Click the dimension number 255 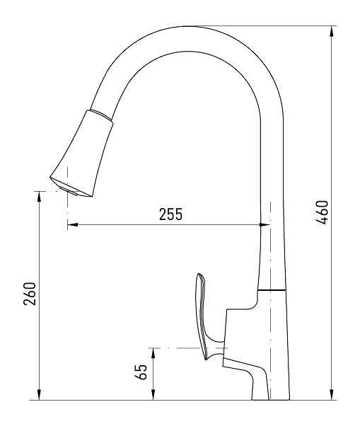click(170, 214)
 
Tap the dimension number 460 click(322, 212)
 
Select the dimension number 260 click(30, 294)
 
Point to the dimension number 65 click(141, 372)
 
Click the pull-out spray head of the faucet click(81, 154)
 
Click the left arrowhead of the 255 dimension click(72, 225)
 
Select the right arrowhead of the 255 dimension click(265, 225)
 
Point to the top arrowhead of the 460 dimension click(332, 31)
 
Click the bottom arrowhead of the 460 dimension click(332, 395)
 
